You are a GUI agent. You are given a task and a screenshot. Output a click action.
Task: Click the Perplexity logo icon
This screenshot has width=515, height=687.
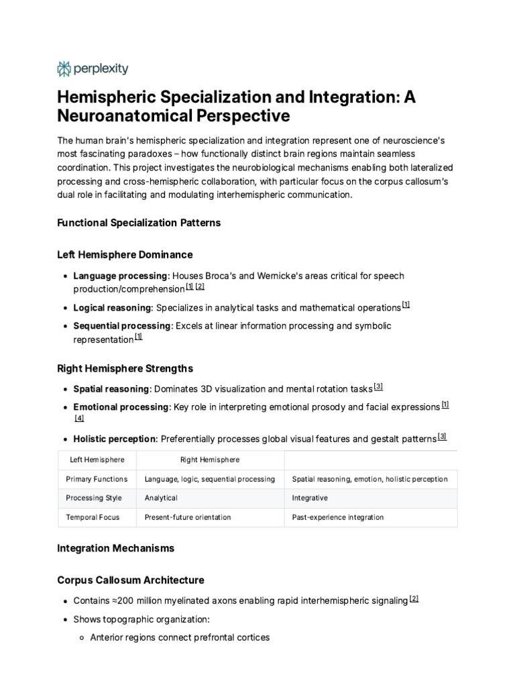point(64,68)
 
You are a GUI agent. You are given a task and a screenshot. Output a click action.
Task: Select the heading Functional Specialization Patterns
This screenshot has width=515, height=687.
point(139,223)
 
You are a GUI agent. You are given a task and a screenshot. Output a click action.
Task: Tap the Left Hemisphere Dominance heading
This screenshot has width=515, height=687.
point(125,255)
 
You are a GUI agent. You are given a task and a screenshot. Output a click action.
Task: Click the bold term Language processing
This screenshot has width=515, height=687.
point(120,276)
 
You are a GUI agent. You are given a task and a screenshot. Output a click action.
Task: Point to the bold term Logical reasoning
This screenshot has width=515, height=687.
point(113,308)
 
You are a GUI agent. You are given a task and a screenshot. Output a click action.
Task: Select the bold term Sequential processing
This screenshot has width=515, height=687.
point(122,326)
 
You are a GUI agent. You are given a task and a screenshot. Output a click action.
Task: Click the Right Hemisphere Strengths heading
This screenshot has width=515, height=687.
point(125,368)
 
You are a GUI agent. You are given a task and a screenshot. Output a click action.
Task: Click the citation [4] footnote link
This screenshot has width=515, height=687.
point(79,419)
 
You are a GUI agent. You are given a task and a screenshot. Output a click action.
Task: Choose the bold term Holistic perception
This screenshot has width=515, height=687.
point(115,439)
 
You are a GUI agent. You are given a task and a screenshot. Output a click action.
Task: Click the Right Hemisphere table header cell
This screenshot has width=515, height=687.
point(210,460)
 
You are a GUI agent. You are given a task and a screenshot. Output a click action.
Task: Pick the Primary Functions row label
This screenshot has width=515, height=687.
point(97,479)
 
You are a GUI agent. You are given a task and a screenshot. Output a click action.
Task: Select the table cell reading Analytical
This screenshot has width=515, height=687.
point(161,498)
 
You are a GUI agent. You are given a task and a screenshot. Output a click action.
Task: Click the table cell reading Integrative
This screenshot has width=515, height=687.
point(310,498)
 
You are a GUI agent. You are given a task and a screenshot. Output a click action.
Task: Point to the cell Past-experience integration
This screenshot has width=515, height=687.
point(338,517)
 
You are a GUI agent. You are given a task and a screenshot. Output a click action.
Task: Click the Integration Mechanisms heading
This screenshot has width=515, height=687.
point(115,548)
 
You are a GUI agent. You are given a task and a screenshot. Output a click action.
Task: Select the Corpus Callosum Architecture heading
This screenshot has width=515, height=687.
point(131,580)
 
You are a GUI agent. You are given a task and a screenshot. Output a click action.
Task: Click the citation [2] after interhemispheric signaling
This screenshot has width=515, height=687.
point(414,599)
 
